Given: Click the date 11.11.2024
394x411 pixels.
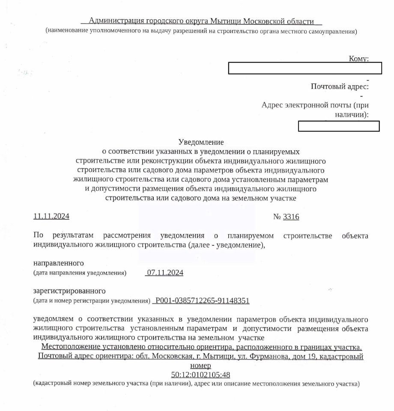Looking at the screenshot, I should [51, 217].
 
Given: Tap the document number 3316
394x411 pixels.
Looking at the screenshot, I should [291, 217].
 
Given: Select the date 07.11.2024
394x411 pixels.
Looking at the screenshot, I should [165, 273].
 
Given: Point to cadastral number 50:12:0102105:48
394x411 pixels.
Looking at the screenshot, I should [201, 375].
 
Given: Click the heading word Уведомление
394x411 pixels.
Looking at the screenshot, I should [201, 142].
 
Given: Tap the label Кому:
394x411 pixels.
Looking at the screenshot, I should [359, 59].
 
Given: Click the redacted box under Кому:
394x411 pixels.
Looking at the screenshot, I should [304, 68].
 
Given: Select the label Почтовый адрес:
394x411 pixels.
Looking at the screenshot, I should [340, 86].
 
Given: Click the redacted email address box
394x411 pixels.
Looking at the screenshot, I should [338, 126].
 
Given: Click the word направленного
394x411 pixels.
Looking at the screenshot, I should [59, 263].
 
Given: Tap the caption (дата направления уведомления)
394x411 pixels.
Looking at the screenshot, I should [80, 273].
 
